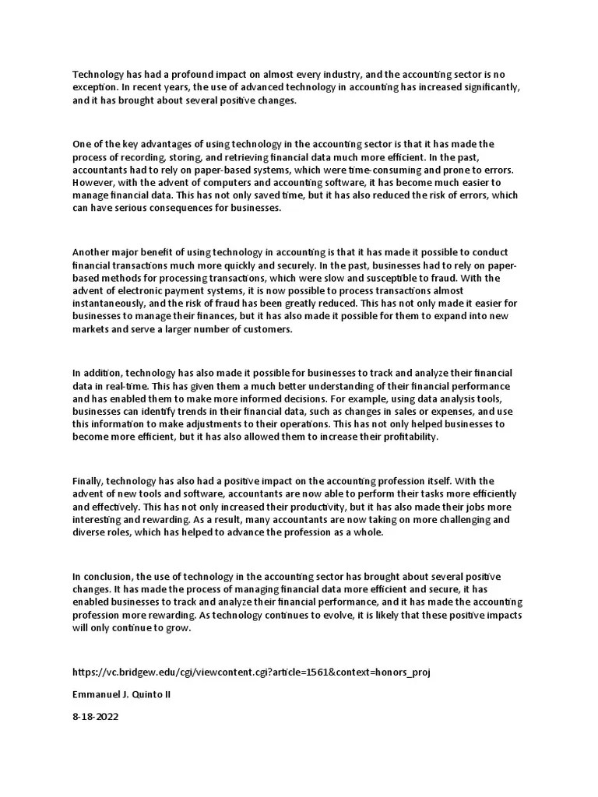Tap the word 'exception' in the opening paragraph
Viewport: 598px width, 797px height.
point(96,88)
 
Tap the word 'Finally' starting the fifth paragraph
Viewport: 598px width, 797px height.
point(87,481)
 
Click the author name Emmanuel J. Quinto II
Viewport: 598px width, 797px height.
point(121,693)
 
